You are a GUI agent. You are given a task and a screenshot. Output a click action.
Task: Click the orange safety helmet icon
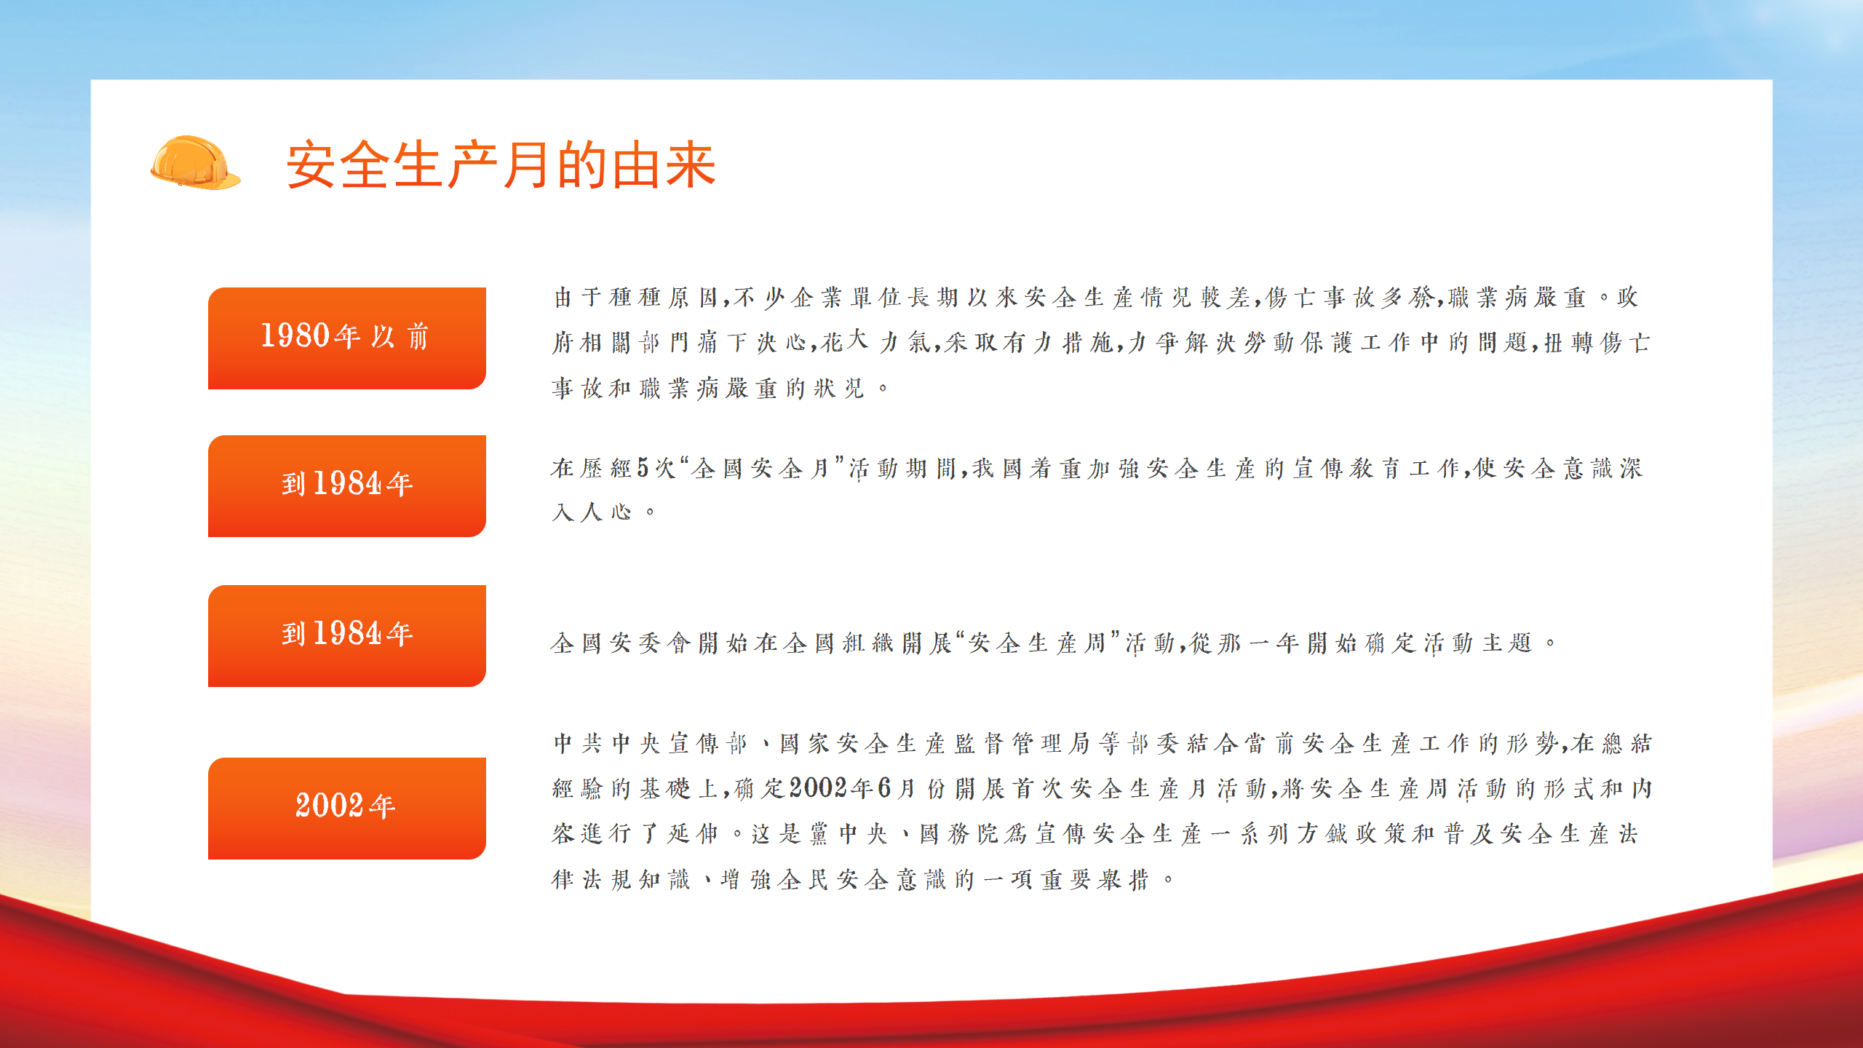[x=195, y=163]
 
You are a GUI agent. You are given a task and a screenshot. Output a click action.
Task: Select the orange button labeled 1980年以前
[x=346, y=338]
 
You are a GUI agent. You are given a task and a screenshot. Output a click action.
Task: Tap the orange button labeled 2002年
[x=346, y=809]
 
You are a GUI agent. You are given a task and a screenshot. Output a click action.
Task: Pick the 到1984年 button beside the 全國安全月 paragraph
[x=346, y=486]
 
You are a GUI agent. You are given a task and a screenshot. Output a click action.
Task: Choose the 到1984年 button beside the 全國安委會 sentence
[x=346, y=636]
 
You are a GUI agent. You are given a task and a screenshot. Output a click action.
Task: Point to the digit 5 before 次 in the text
[x=643, y=468]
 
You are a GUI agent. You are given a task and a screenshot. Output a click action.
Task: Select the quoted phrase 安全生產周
[x=1037, y=643]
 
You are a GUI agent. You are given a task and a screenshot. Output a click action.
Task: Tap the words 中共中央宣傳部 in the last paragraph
[x=651, y=744]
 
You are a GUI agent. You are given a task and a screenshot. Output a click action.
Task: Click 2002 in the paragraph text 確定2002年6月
[x=819, y=788]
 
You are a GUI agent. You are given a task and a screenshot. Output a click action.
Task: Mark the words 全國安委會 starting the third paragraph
[x=621, y=643]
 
